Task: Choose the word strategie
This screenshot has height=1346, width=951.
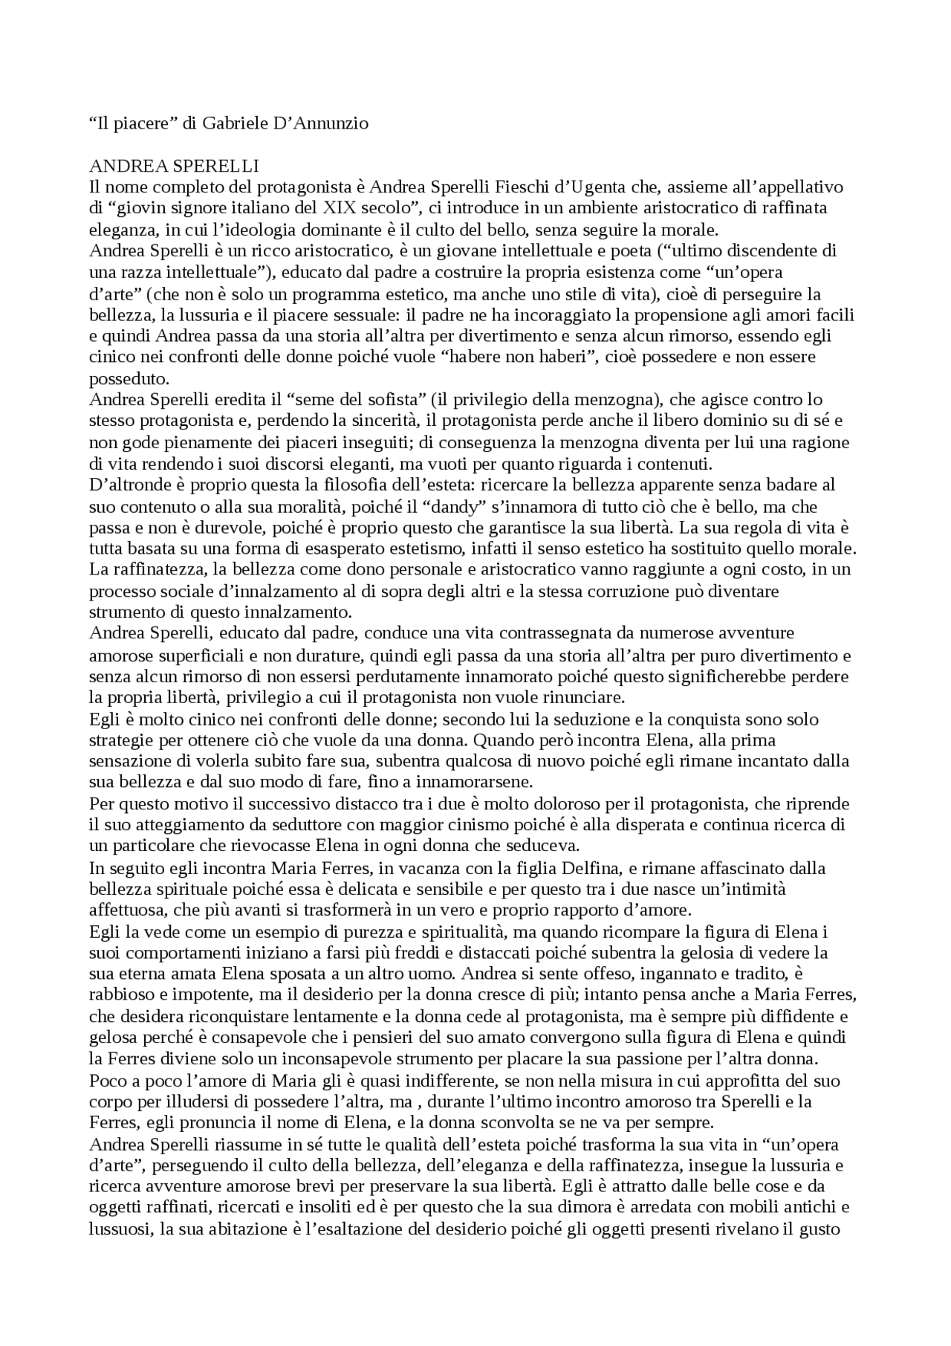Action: coord(122,741)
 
